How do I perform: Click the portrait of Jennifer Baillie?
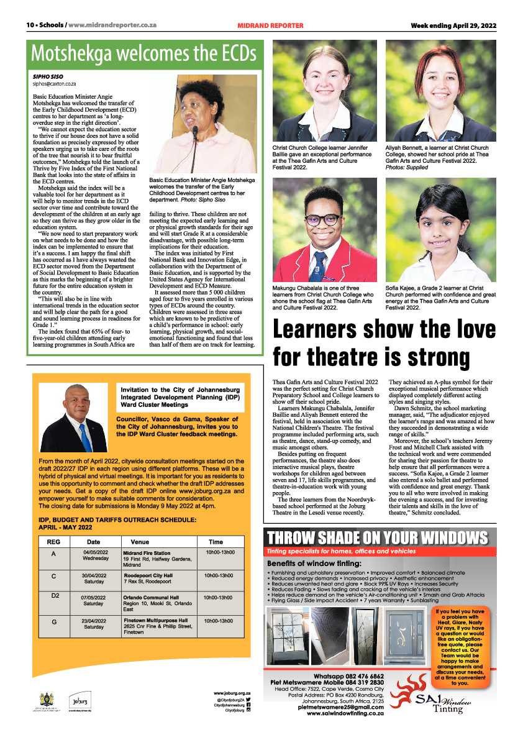[x=324, y=91]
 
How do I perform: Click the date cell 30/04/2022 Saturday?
[x=94, y=579]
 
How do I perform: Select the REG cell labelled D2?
[x=55, y=596]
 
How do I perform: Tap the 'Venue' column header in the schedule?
[x=131, y=541]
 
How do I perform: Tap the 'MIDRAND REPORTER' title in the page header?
[x=270, y=25]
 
